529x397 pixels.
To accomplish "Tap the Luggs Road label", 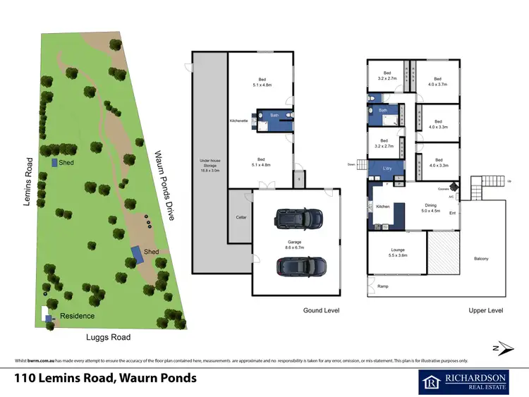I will (108, 337).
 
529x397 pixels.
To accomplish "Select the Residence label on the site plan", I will (77, 316).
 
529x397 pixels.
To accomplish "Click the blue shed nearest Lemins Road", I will (55, 163).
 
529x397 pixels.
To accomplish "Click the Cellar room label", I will (240, 217).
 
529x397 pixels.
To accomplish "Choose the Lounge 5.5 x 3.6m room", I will (397, 252).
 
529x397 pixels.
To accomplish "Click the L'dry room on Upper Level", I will (387, 170).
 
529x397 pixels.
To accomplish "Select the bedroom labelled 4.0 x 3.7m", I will (437, 82).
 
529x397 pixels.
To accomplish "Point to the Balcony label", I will (481, 258).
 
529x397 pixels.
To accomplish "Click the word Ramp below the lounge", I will (383, 286).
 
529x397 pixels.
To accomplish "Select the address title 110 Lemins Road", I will (106, 378).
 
